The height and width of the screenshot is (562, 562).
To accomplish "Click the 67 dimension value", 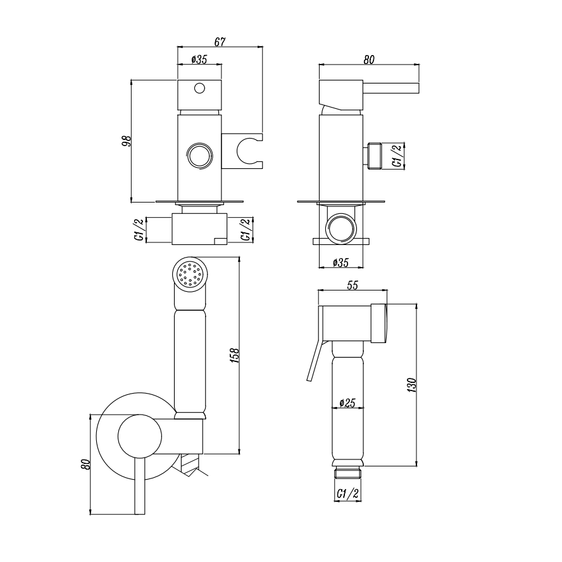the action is (220, 42).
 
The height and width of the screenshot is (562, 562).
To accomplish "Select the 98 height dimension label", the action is (127, 141).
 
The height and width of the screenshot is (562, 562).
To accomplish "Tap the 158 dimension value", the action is (234, 355).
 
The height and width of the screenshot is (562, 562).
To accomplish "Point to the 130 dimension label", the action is (412, 385).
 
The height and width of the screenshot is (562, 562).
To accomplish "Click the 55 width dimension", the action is (353, 285).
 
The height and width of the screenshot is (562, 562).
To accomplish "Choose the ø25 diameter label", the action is (347, 403).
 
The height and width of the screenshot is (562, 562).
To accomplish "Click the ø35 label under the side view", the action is (340, 263).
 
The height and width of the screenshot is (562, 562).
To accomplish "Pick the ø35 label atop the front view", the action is (199, 59).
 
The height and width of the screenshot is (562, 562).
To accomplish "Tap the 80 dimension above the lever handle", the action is (369, 59).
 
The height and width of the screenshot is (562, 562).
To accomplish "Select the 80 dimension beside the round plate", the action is (85, 464).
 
